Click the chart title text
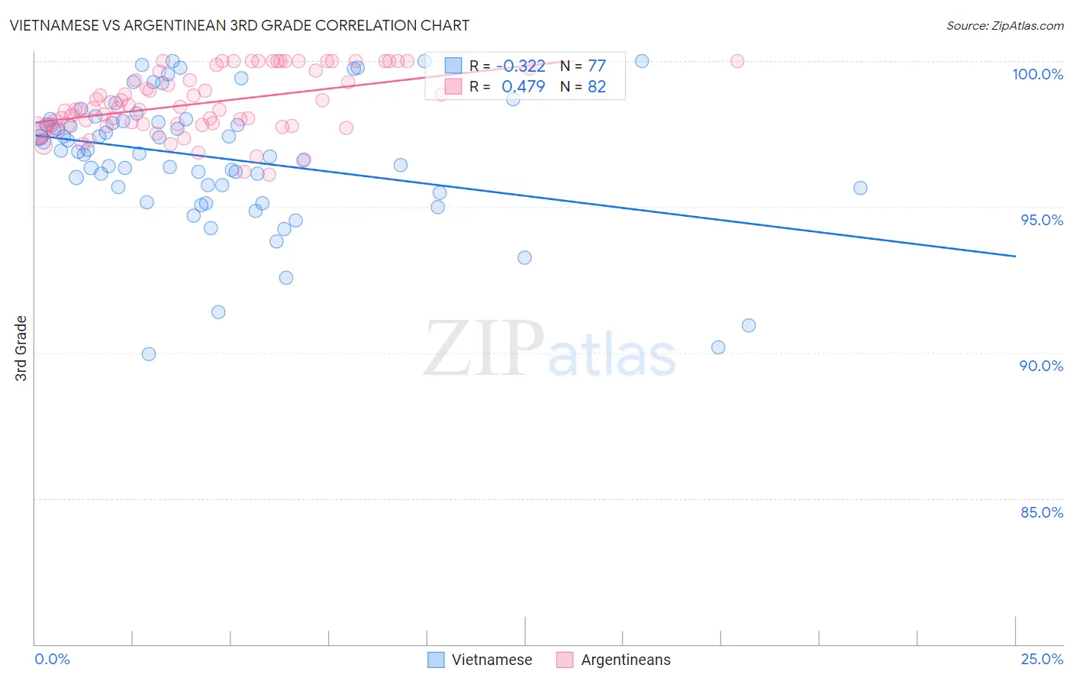pos(239,25)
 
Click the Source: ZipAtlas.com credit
pos(1004,25)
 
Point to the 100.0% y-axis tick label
pos(1037,74)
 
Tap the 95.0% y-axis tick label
pos(1042,220)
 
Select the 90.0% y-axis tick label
pos(1042,366)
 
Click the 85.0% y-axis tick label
pos(1042,512)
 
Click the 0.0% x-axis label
pos(52,659)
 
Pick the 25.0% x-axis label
pos(1042,659)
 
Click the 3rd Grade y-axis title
pos(21,348)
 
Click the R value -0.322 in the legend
pos(523,66)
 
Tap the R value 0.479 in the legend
pos(523,86)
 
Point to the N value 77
pos(596,66)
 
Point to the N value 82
pos(596,86)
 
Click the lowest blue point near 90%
pos(149,354)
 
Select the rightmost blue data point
pos(860,188)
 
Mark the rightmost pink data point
pos(737,61)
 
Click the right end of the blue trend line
pos(1015,257)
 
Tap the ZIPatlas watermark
pos(549,350)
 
